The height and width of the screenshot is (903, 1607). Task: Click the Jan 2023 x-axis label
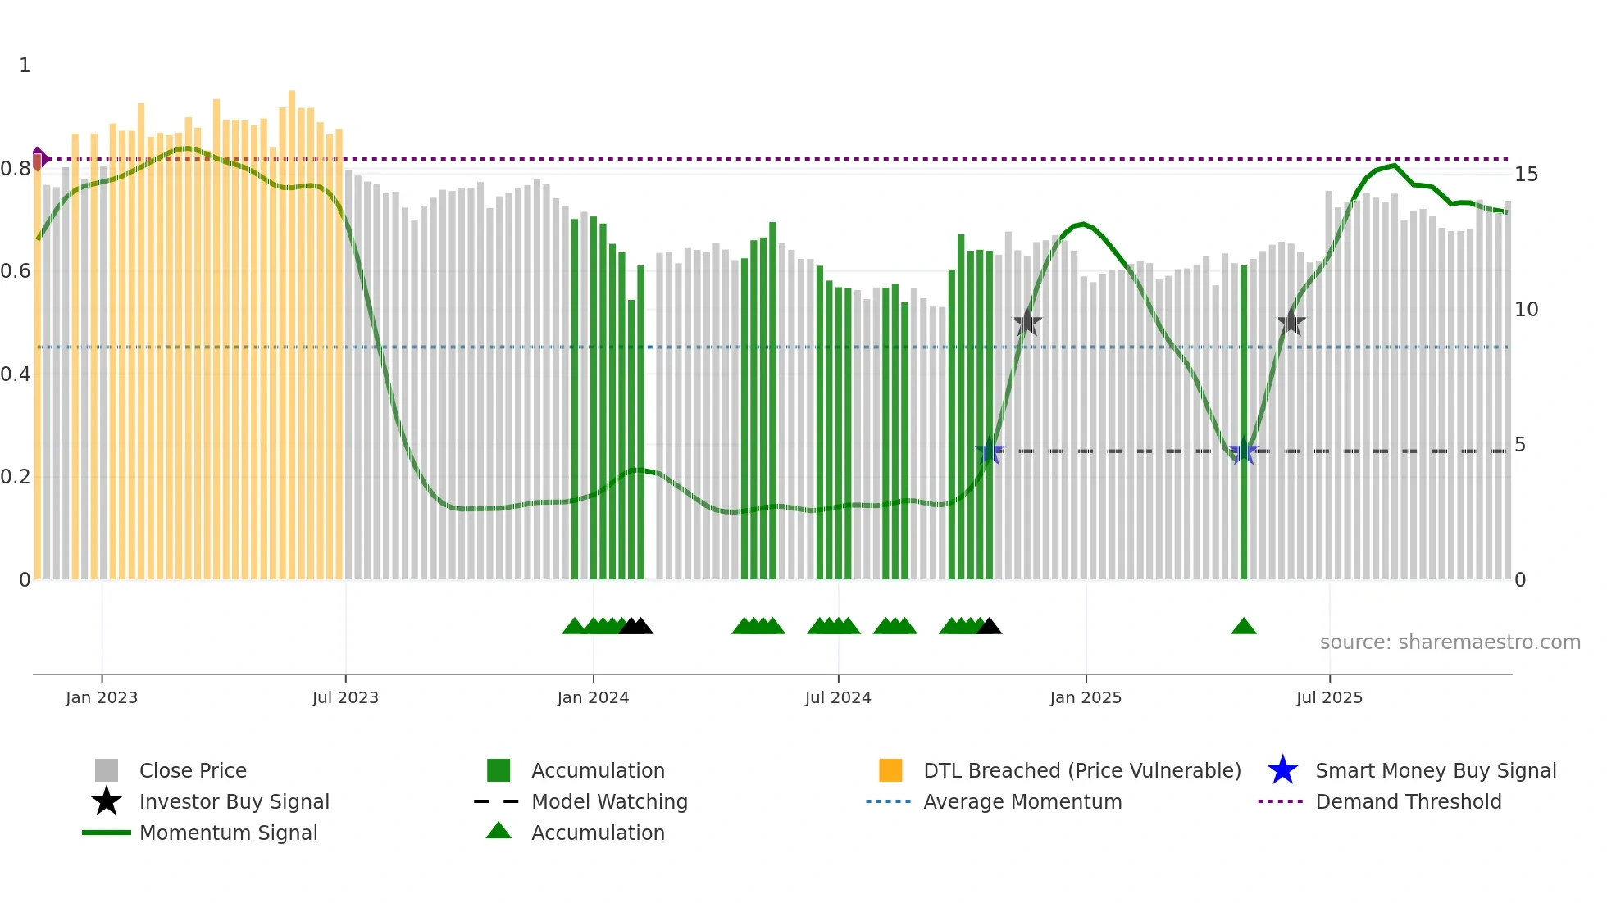(x=102, y=697)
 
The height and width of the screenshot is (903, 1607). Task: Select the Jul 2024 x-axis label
(x=838, y=697)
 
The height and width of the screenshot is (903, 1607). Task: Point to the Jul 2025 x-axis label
(x=1329, y=697)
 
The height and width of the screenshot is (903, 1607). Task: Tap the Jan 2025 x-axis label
(x=1086, y=697)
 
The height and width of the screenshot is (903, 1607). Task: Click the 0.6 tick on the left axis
(x=16, y=271)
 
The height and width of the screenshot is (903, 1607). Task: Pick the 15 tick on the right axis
(x=1526, y=175)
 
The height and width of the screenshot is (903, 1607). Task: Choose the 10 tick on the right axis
(x=1526, y=310)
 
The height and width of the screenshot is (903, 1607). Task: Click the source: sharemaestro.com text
(x=1450, y=642)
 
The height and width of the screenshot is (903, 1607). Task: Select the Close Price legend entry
(x=193, y=771)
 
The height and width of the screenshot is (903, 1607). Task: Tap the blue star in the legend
(x=1282, y=770)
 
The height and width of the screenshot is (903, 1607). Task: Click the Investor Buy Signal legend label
(x=234, y=802)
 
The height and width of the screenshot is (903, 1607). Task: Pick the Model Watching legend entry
(x=609, y=802)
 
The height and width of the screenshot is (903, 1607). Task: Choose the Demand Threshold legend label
(x=1408, y=802)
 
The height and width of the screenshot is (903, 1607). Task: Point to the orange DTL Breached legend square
(x=890, y=770)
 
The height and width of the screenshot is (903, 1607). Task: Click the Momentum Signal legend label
(x=228, y=833)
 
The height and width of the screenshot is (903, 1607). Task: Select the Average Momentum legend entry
(x=1022, y=802)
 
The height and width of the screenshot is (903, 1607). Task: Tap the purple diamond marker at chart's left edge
(x=39, y=159)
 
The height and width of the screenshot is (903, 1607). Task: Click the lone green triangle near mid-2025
(x=1244, y=627)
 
